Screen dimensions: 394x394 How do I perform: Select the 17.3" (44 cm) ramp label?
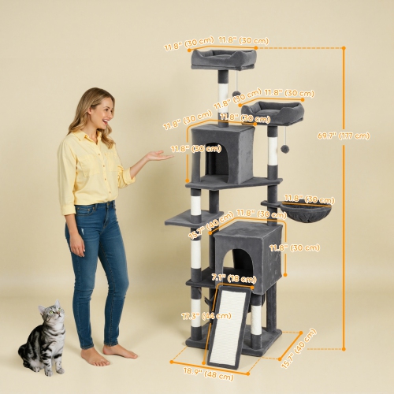[195, 315]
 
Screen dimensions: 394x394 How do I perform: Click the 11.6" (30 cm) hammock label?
[309, 199]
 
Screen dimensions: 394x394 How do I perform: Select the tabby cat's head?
[52, 316]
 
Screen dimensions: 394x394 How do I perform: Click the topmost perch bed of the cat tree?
[222, 57]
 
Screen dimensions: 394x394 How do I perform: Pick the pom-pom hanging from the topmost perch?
[236, 94]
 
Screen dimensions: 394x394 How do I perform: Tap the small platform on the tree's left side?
[189, 217]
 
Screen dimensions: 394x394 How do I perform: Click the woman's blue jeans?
[98, 268]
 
